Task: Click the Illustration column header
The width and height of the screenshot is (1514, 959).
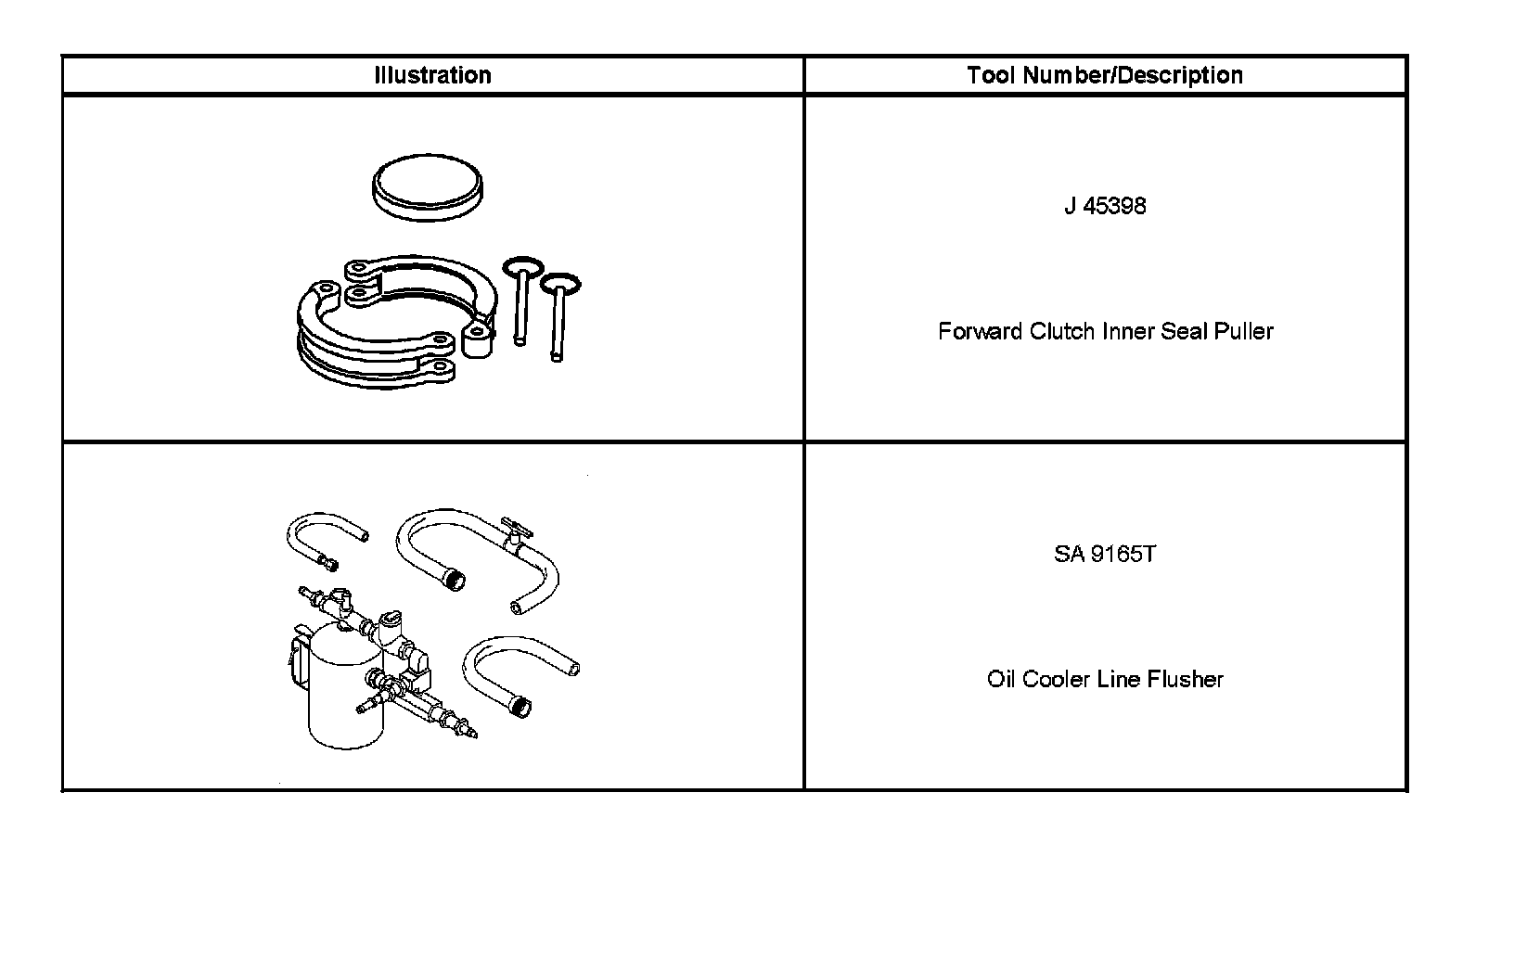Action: (432, 75)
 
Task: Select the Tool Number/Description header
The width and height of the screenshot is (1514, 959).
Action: (1104, 75)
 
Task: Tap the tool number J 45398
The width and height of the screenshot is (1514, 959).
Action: (1104, 206)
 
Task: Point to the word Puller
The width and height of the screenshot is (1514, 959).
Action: (1243, 331)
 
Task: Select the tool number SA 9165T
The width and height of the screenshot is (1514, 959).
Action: (1104, 555)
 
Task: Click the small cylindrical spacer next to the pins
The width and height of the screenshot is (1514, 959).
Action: (478, 341)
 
